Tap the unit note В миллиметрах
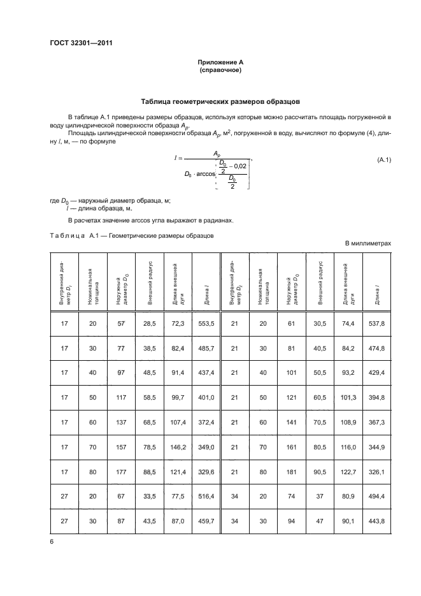(x=367, y=243)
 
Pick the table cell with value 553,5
(x=204, y=324)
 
